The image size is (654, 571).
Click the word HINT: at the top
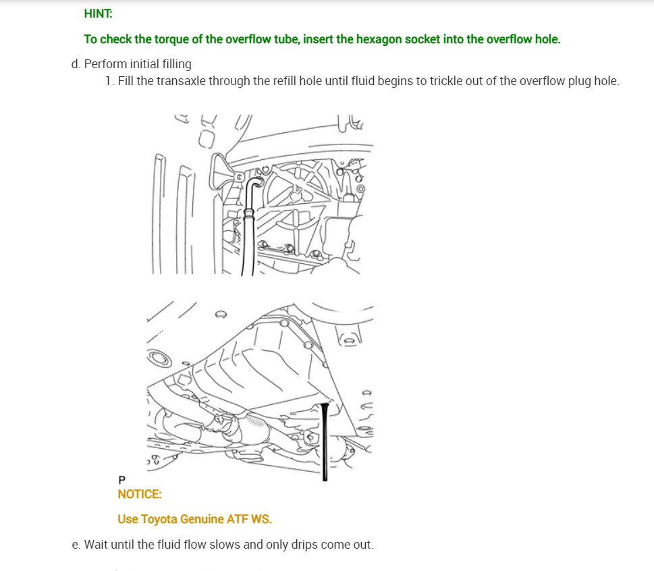pyautogui.click(x=98, y=13)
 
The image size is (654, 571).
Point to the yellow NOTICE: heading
pyautogui.click(x=139, y=494)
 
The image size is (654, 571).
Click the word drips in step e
pyautogui.click(x=305, y=545)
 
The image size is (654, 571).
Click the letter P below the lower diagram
pyautogui.click(x=121, y=480)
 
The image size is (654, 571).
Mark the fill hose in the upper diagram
pyautogui.click(x=248, y=225)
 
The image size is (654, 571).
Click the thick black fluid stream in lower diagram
pyautogui.click(x=325, y=441)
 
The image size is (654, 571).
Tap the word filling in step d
pyautogui.click(x=177, y=64)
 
